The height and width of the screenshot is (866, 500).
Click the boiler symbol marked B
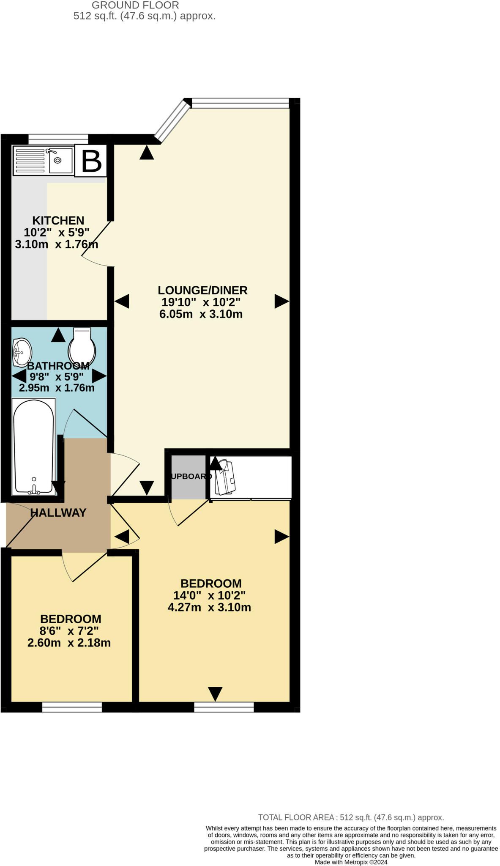(x=91, y=161)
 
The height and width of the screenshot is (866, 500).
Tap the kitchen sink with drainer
(x=43, y=160)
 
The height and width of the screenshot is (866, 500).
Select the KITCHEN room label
(x=58, y=220)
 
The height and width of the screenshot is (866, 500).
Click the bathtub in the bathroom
(x=34, y=447)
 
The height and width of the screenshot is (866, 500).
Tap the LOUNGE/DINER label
(x=202, y=290)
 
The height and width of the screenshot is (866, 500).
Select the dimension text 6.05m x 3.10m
(x=201, y=314)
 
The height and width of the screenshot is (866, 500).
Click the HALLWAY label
(x=58, y=512)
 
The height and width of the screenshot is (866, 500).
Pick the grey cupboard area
(x=188, y=477)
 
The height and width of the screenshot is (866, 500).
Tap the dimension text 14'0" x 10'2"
(x=209, y=595)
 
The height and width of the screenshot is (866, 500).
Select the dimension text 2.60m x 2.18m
(x=69, y=643)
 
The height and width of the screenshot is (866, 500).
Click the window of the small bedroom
(x=72, y=707)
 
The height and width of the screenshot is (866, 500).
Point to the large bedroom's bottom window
(x=224, y=707)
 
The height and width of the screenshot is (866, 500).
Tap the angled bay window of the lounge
(x=172, y=120)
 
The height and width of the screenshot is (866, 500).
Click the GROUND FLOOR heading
(x=135, y=5)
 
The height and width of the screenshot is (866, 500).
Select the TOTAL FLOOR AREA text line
(x=351, y=817)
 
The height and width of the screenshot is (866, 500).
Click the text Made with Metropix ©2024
(x=351, y=862)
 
